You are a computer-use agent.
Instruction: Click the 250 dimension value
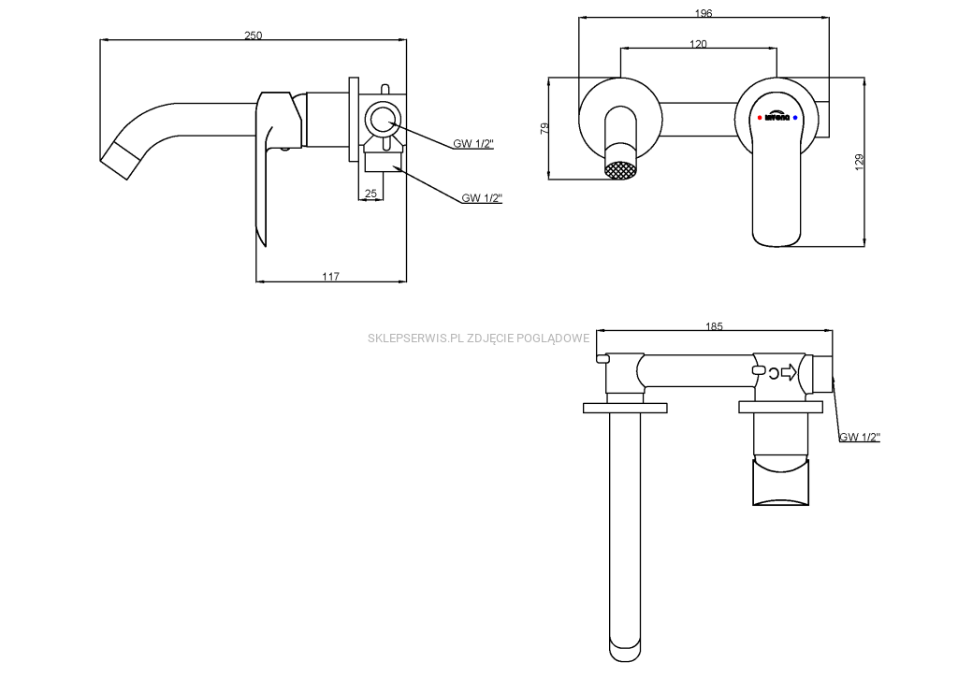coord(253,35)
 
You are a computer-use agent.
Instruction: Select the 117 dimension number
coord(330,276)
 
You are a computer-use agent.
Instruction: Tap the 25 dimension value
coord(370,193)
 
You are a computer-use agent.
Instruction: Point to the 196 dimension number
coord(704,13)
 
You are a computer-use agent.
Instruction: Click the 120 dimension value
coord(698,44)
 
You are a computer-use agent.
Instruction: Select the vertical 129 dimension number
coord(859,164)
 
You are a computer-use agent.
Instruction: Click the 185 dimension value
coord(714,326)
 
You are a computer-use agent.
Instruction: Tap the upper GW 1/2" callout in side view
coord(473,143)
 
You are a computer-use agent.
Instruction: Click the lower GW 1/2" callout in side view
coord(482,197)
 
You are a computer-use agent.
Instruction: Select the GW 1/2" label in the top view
coord(860,437)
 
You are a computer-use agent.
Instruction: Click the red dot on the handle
coord(759,119)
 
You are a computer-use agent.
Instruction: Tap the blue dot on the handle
coord(794,119)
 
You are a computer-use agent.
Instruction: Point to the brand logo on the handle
coord(777,119)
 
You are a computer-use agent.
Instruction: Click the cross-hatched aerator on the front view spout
coord(621,171)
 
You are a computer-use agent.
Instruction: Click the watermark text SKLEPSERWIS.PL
coord(415,338)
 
